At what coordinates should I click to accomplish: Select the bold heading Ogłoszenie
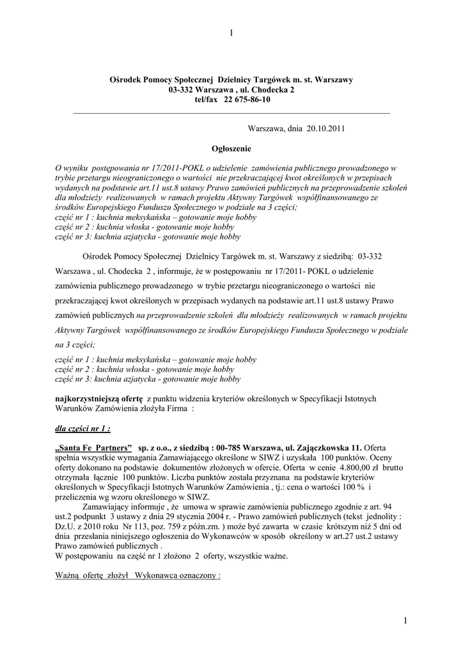pos(231,148)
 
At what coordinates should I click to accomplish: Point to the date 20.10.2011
pos(326,128)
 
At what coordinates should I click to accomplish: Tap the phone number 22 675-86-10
pos(247,100)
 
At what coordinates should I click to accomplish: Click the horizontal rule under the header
pos(231,113)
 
